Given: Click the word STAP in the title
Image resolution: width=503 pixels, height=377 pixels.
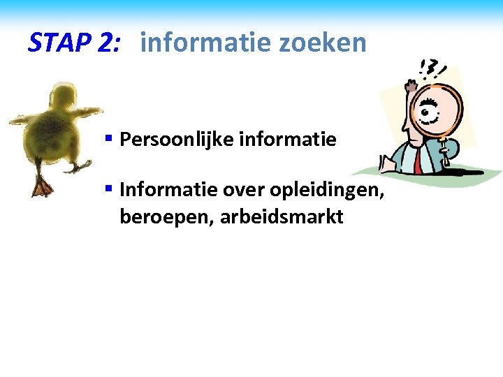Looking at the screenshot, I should [x=59, y=43].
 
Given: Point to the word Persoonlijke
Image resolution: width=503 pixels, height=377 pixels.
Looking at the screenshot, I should [x=177, y=140].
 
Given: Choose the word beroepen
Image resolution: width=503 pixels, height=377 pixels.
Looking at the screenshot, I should [x=166, y=217].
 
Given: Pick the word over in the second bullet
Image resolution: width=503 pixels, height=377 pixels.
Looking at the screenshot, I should [x=247, y=189].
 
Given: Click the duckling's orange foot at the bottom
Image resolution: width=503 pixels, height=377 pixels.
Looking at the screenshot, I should [x=43, y=186].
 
